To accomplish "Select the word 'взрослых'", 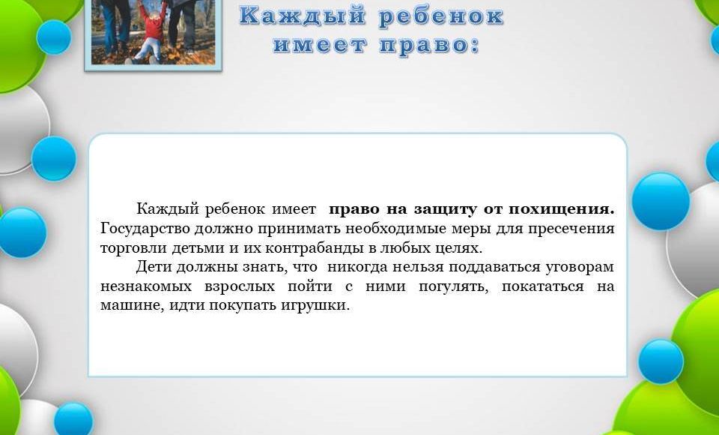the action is [240, 286].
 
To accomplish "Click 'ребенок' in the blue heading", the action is [441, 16].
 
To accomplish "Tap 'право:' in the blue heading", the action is [429, 46].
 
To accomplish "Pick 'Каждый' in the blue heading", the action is [303, 16].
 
